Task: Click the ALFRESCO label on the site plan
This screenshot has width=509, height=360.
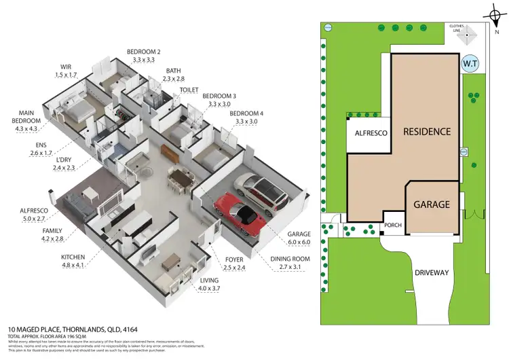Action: coord(371,134)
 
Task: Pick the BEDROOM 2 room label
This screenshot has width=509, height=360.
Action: coord(145,52)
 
